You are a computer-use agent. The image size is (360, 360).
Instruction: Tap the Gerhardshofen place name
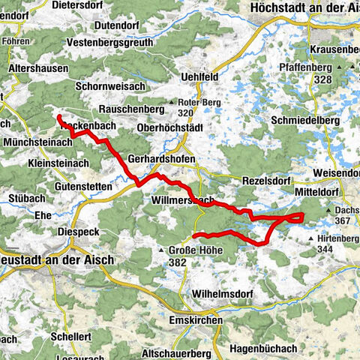pos(161,160)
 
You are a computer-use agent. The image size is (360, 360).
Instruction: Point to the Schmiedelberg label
pos(307,119)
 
